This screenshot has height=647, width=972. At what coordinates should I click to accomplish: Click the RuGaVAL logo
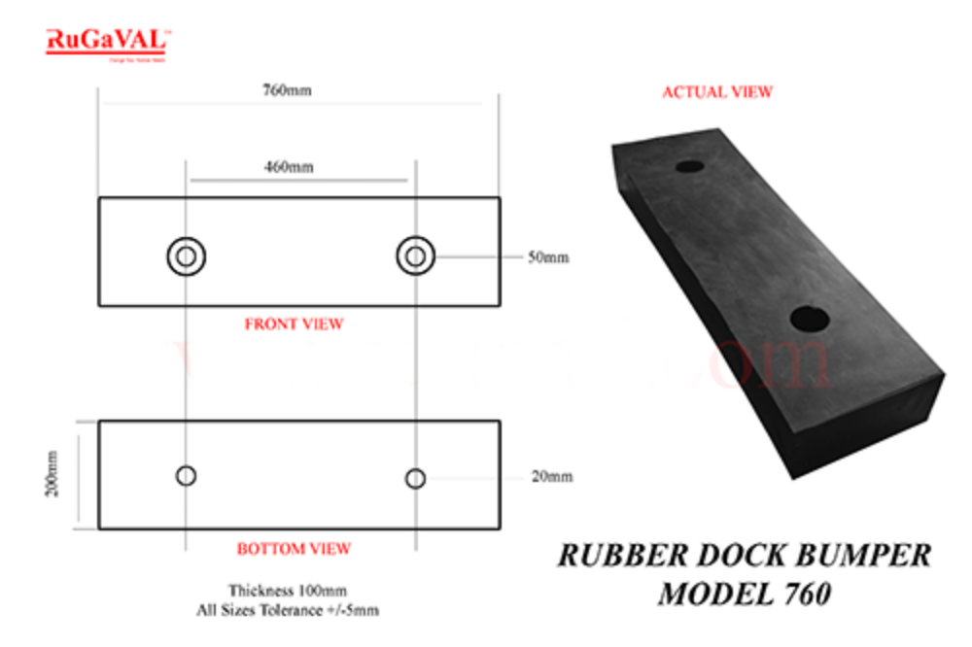pos(109,43)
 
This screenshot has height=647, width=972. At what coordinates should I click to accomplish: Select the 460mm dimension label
pos(290,167)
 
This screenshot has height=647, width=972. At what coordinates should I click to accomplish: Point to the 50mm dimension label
pos(548,257)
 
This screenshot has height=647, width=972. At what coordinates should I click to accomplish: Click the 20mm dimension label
pos(551,476)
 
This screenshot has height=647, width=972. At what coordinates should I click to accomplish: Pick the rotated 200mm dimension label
pos(52,475)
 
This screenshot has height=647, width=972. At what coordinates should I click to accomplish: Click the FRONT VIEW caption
pos(294,323)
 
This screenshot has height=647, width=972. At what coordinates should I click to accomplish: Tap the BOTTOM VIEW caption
pos(294,549)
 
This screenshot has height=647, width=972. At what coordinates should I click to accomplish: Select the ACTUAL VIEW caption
pos(717,92)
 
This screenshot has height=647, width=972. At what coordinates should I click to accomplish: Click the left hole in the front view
pos(186,256)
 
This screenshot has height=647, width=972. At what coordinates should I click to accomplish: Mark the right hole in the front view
pos(415,256)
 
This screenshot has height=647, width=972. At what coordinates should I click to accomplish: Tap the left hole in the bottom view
pos(186,475)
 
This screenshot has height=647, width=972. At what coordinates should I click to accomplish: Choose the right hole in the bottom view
pos(415,478)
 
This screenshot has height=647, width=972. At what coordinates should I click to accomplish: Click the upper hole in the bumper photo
pos(689,166)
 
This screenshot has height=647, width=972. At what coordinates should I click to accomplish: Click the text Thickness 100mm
pos(288,590)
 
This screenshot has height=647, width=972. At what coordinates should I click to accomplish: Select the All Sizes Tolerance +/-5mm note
pos(288,609)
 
